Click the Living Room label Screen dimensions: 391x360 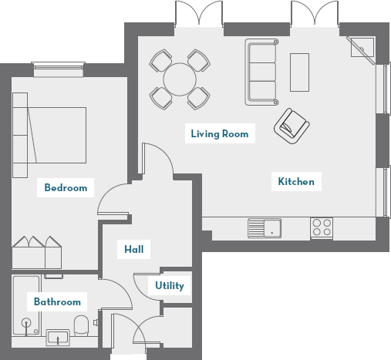[x=220, y=134]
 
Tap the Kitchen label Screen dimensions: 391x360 [x=296, y=182]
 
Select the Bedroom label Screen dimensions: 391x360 [x=66, y=187]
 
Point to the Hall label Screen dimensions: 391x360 [x=134, y=249]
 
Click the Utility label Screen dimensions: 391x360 [x=170, y=286]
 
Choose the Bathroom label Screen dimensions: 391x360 [x=57, y=301]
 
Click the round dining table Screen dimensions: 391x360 [x=180, y=79]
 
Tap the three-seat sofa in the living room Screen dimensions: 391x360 [x=261, y=72]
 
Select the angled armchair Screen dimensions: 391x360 [x=292, y=126]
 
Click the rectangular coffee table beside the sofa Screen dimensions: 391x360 [x=299, y=72]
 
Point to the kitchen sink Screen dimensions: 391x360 [x=265, y=228]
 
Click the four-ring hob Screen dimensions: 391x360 [x=322, y=227]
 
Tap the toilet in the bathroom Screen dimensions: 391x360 [x=81, y=325]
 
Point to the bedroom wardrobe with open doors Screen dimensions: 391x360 [x=37, y=253]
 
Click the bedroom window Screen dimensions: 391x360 [x=59, y=69]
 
